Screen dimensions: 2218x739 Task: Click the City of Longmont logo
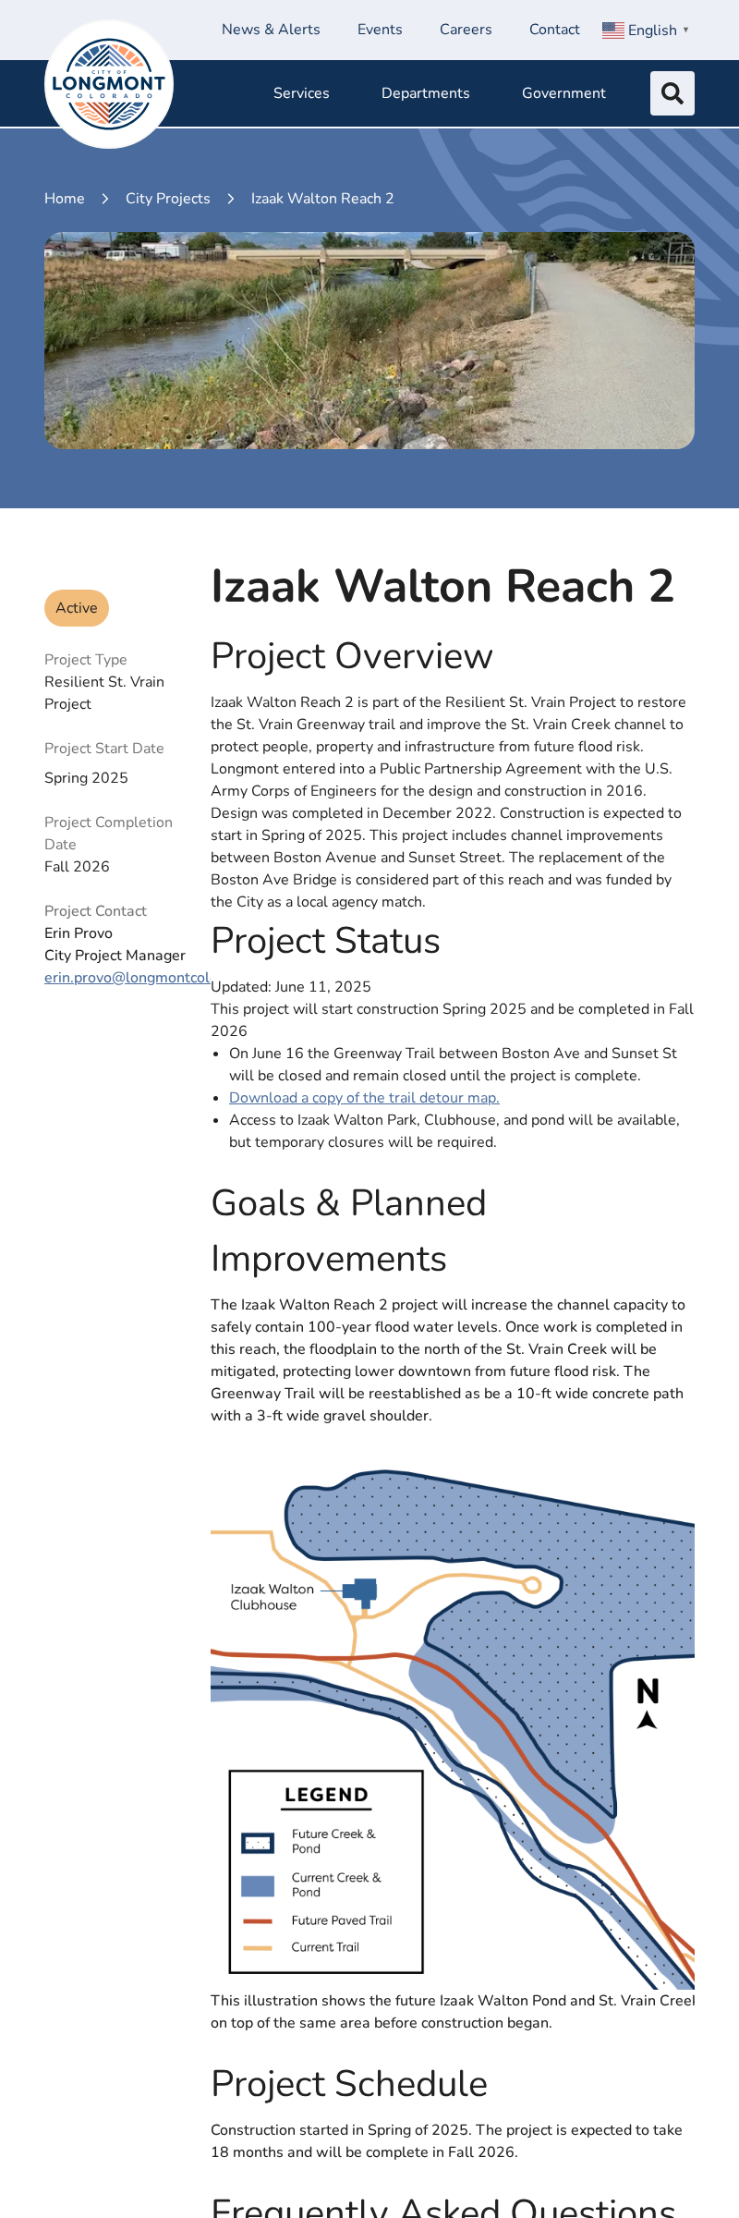(109, 84)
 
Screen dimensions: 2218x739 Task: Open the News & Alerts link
(271, 30)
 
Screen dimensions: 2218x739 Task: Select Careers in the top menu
(466, 30)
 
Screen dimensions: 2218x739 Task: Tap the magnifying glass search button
(672, 93)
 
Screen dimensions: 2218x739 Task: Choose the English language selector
(646, 30)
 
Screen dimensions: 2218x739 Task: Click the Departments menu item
(426, 93)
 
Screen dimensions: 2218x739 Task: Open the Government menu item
(563, 93)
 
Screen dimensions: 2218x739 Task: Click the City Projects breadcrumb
(168, 199)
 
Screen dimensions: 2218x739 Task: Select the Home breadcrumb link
(65, 199)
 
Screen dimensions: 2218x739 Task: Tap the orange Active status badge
(77, 608)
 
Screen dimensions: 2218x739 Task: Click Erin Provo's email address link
(127, 978)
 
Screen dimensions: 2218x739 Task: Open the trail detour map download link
(364, 1098)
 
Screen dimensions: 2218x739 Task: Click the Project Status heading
(325, 941)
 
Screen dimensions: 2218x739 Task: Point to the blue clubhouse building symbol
(361, 1591)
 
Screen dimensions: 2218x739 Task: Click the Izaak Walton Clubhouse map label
(272, 1597)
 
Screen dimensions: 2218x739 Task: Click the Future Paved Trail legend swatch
(258, 1920)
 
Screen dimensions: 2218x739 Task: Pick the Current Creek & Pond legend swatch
(258, 1885)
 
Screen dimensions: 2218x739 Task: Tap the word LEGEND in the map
(326, 1795)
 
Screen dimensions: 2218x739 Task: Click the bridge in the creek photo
(369, 252)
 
